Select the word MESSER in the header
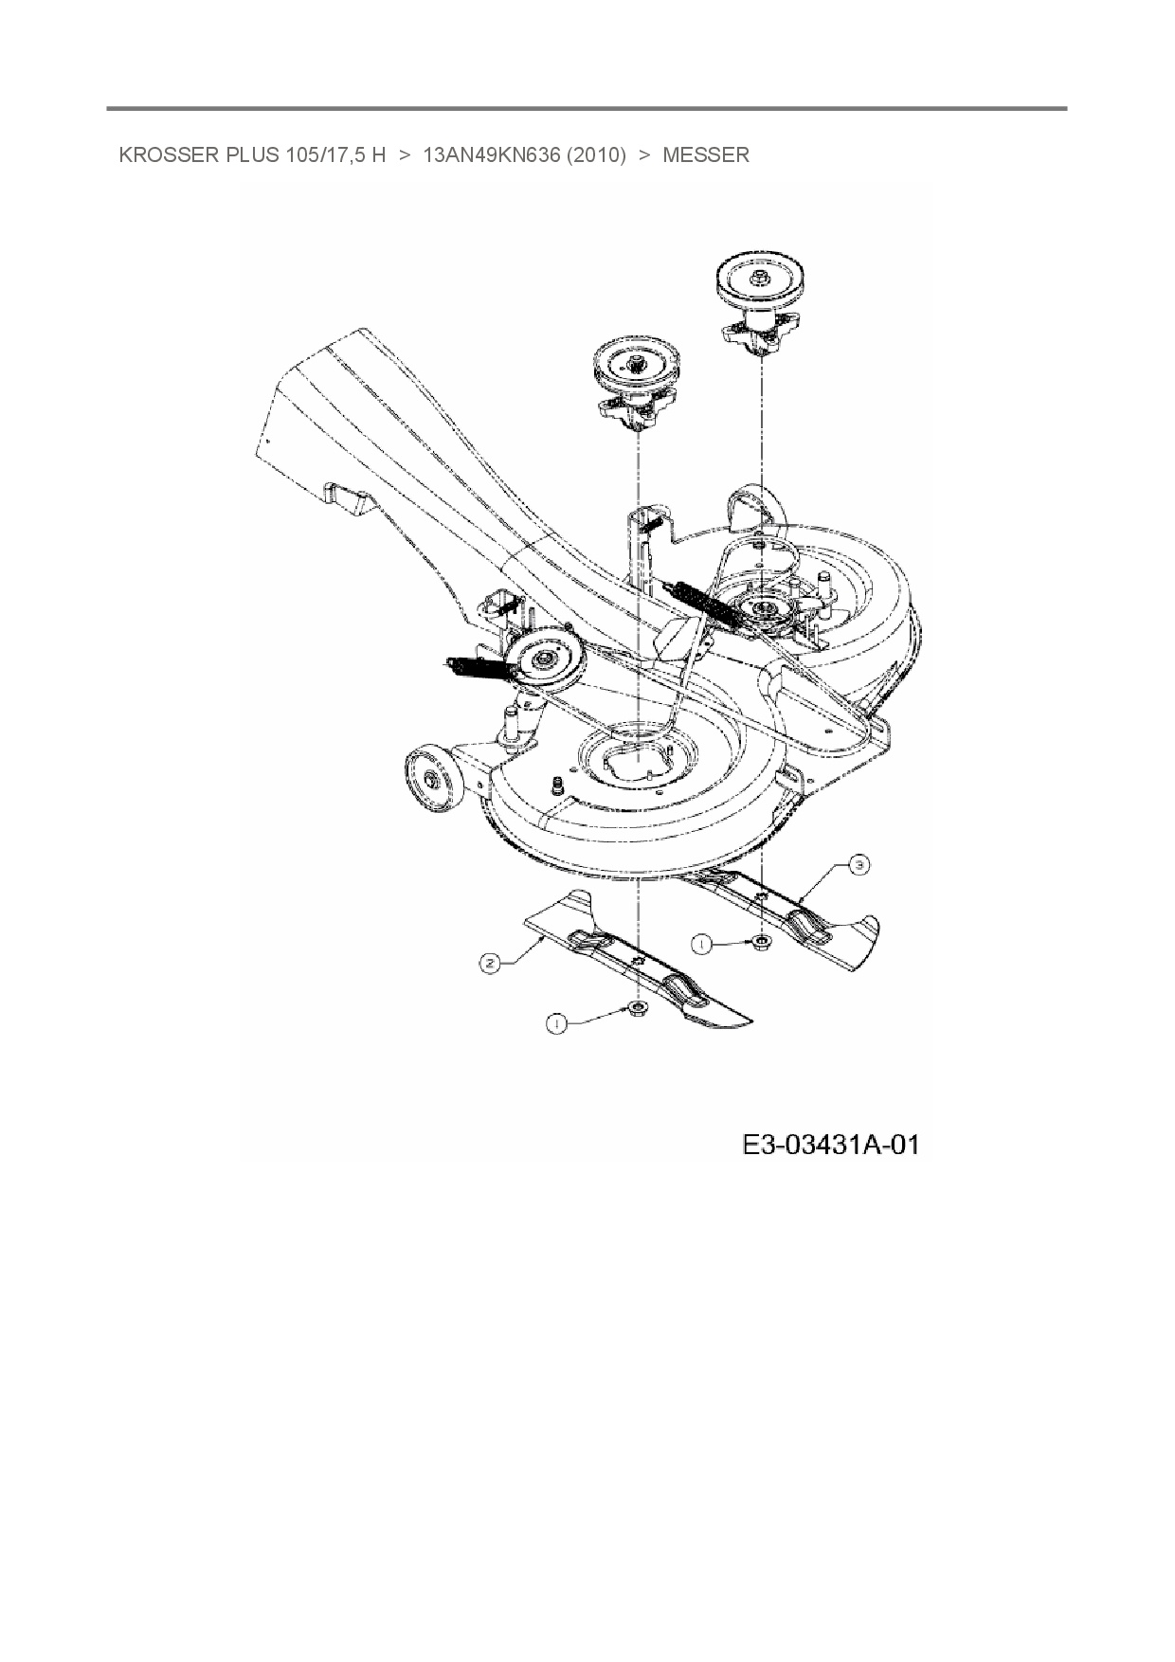(706, 155)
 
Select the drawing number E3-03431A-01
(830, 1145)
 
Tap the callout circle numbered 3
(858, 864)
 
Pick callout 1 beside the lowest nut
(557, 1022)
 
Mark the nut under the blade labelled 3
(762, 941)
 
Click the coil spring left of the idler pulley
(476, 667)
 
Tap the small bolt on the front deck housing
(557, 784)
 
